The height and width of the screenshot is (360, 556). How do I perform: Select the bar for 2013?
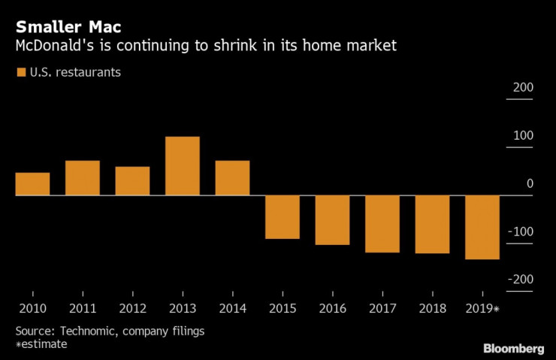point(183,166)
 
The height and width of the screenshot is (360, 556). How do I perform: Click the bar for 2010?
point(32,184)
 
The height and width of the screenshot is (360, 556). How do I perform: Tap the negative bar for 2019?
point(482,227)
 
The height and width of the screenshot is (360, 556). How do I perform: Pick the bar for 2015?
point(283,217)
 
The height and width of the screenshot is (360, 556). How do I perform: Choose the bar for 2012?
point(132,181)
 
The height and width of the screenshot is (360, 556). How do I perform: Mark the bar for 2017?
point(382,224)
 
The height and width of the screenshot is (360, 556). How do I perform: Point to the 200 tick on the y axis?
point(523,88)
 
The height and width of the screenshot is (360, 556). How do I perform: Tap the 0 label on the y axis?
point(530,183)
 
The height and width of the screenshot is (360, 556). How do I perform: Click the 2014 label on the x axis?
point(232,308)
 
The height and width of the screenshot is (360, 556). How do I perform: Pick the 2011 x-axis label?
point(83,308)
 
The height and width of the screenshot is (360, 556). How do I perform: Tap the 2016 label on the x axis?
point(332,308)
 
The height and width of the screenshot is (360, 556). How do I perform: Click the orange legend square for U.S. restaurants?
point(20,73)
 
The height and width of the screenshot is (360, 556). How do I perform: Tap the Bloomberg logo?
point(513,348)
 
